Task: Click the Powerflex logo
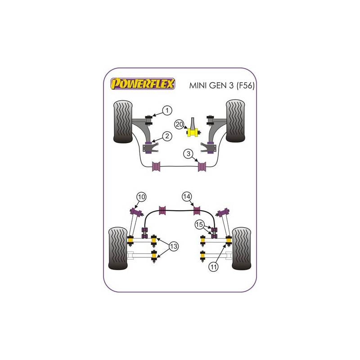pos(143,84)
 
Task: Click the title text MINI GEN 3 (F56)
pos(222,85)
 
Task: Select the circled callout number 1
pos(167,110)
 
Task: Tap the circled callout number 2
pos(167,136)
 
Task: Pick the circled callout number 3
pos(189,153)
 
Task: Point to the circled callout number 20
pos(179,125)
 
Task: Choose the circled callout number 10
pos(141,197)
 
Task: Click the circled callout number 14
pos(187,197)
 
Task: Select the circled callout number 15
pos(199,224)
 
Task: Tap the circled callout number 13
pos(174,246)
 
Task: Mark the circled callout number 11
pos(213,267)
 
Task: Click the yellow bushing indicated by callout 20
pos(193,132)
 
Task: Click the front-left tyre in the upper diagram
pos(123,121)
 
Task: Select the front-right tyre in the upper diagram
pos(235,121)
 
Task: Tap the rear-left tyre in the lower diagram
pos(118,248)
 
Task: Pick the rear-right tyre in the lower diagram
pos(242,248)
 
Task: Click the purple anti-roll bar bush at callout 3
pos(202,166)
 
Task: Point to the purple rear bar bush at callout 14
pos(197,211)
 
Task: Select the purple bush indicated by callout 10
pos(136,211)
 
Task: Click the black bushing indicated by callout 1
pos(149,120)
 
